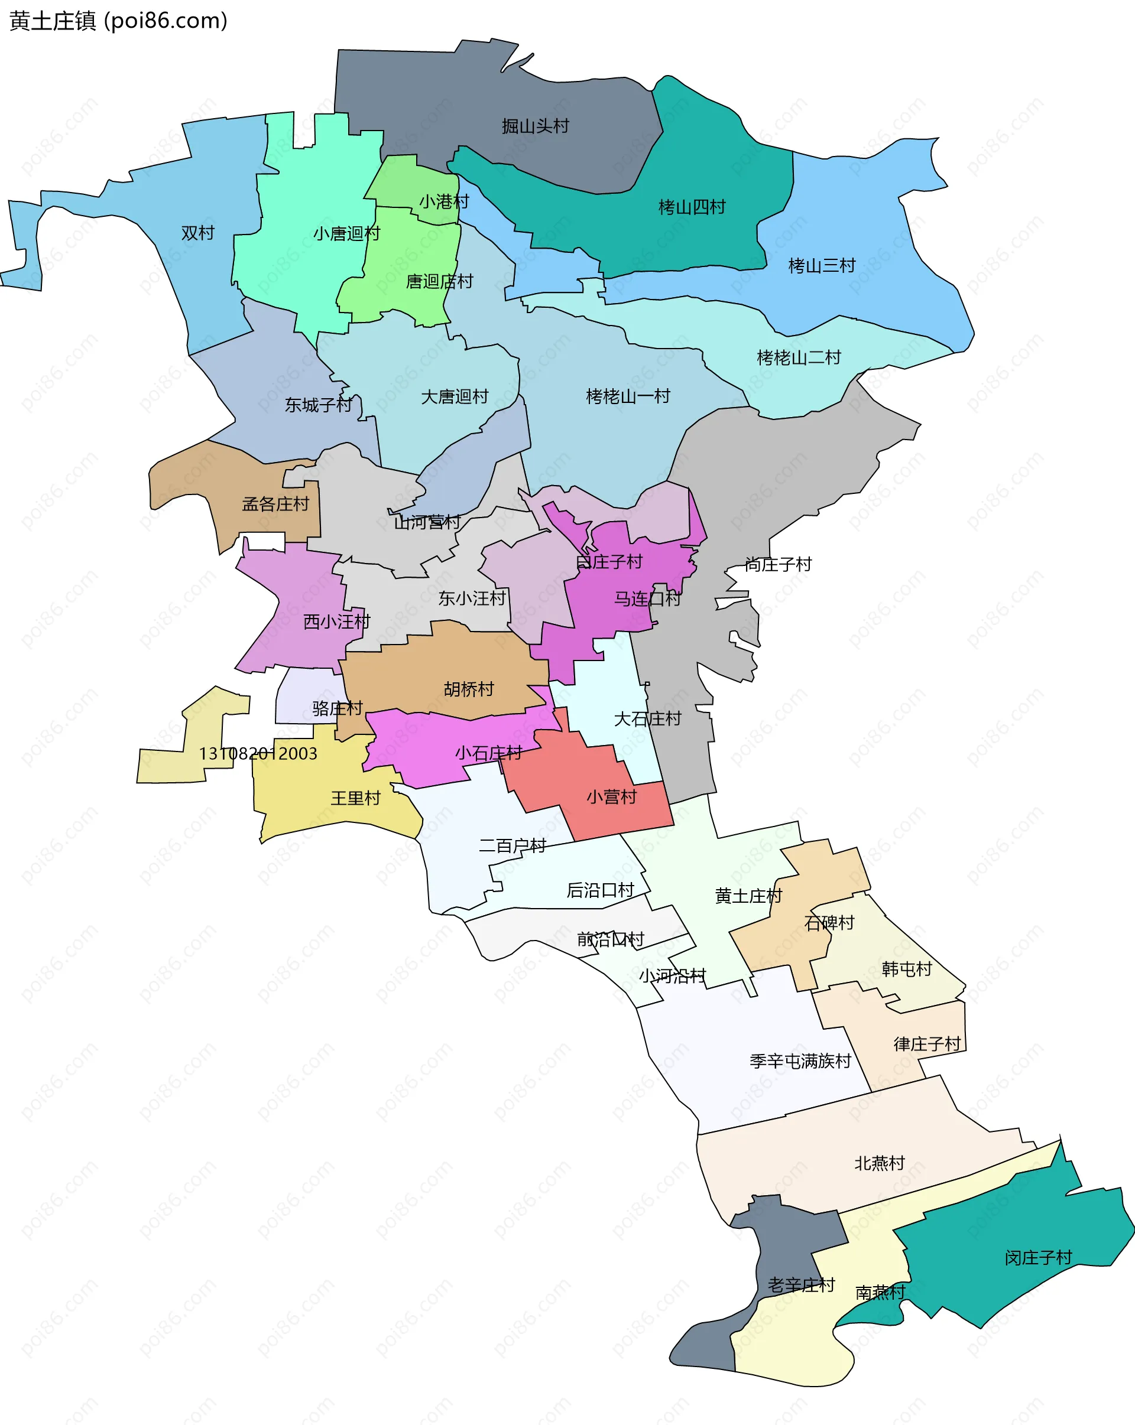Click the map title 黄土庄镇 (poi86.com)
tap(118, 21)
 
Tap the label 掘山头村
tap(535, 126)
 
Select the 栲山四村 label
tap(692, 207)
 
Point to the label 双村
tap(198, 233)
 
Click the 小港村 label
tap(444, 201)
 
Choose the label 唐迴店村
tap(439, 282)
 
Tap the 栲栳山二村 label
tap(798, 358)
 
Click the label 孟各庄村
tap(275, 505)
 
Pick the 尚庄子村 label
tap(778, 564)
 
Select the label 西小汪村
tap(337, 622)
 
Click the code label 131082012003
tap(258, 753)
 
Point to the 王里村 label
tap(356, 798)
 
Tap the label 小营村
tap(611, 797)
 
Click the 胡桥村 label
tap(469, 689)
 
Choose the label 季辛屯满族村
tap(800, 1062)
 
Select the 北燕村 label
tap(879, 1163)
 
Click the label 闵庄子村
tap(1038, 1258)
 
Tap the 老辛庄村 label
tap(801, 1286)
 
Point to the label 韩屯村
tap(906, 969)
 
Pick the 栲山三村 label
tap(822, 266)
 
